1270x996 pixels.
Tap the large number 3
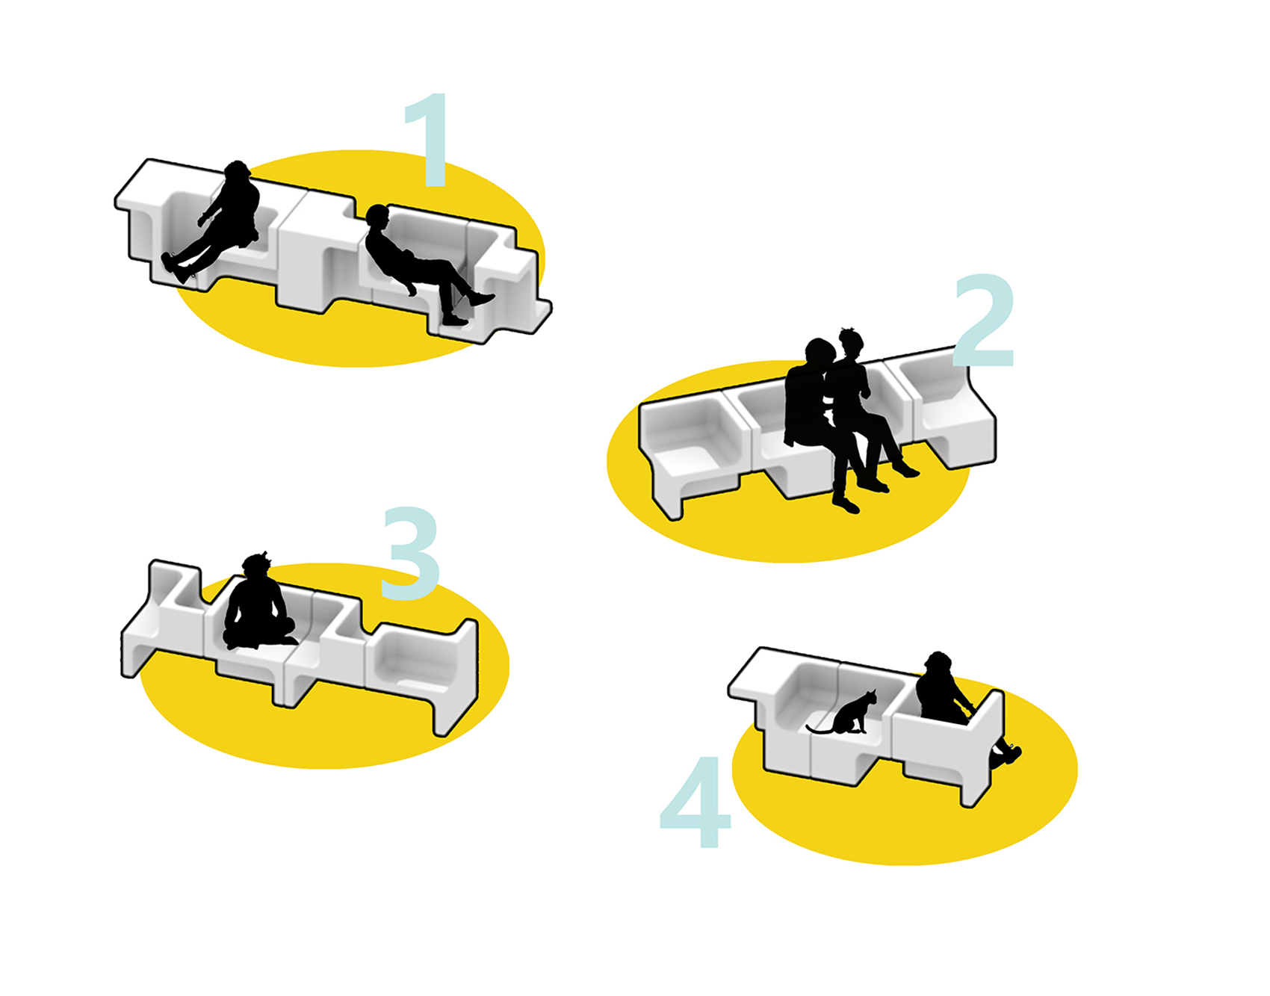[410, 553]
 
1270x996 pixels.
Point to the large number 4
[695, 802]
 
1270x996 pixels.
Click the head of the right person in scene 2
[851, 342]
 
